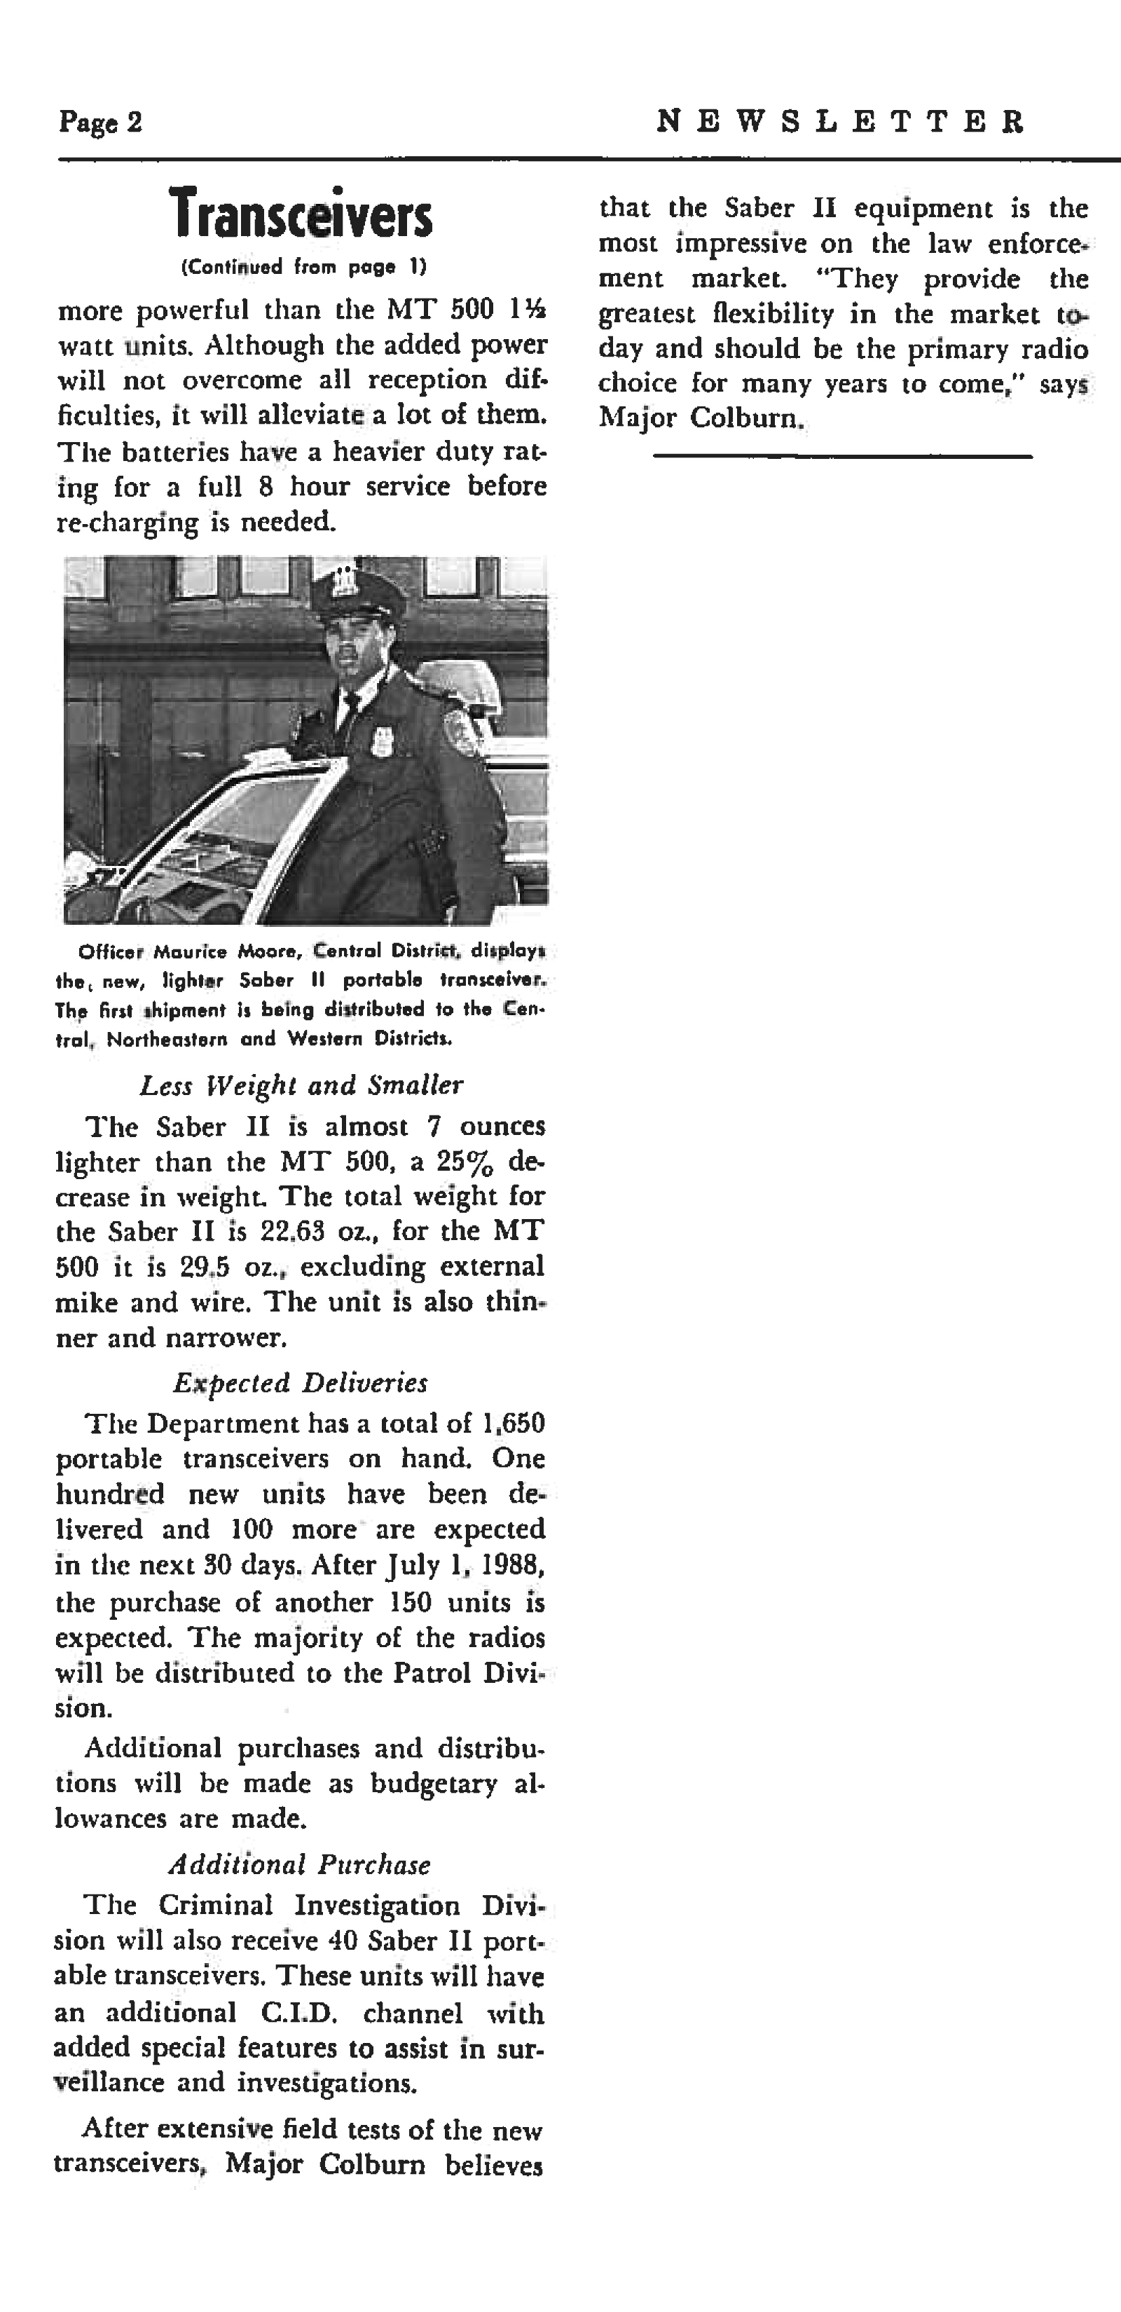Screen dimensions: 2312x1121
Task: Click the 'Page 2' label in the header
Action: (100, 121)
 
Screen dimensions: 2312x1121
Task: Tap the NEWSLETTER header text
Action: (840, 121)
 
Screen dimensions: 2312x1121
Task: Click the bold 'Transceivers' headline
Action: (301, 214)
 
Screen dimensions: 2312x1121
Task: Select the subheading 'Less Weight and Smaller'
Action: (301, 1085)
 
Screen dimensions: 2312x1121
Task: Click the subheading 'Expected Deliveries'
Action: (301, 1383)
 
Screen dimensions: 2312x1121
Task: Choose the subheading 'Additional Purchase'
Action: (300, 1865)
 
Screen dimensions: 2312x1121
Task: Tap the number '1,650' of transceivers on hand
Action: (514, 1424)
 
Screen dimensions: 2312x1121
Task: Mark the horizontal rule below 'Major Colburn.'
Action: (842, 457)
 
